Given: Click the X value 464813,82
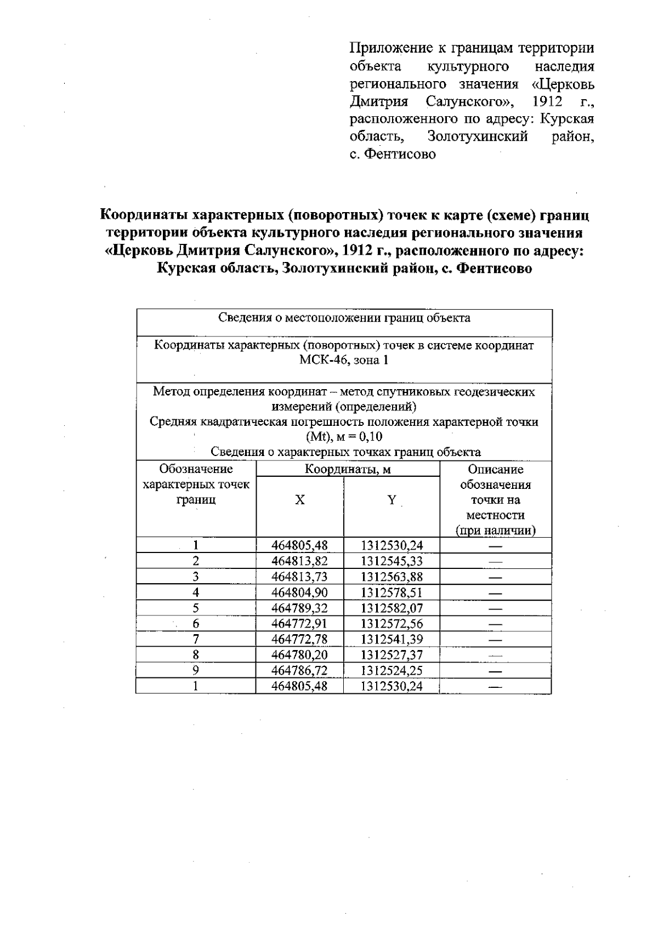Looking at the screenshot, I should point(299,561).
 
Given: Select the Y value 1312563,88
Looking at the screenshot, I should point(392,577).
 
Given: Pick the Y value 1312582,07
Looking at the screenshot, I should point(392,608).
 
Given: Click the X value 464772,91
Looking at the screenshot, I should point(299,624).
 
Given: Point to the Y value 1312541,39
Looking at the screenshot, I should point(392,639).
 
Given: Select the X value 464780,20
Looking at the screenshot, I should point(299,655).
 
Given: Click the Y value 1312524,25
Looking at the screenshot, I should point(392,670).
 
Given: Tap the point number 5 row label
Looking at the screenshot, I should point(195,608).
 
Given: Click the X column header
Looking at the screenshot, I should point(299,500).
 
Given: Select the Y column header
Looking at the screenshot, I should point(392,500).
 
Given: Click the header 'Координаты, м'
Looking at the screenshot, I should point(348,469).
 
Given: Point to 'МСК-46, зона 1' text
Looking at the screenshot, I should point(344,360).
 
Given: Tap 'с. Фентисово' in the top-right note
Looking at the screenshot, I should point(393,155).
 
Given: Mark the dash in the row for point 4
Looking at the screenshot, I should point(495,592).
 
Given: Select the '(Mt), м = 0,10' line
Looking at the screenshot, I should point(344,437).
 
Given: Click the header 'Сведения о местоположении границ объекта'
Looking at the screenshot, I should point(344,318).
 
